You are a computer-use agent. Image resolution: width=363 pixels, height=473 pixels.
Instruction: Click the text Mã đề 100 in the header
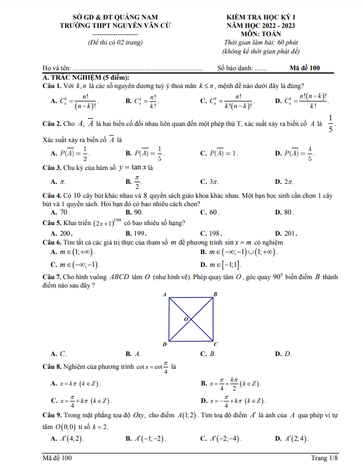305,68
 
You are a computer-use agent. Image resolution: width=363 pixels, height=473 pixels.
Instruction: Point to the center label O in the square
186,319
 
